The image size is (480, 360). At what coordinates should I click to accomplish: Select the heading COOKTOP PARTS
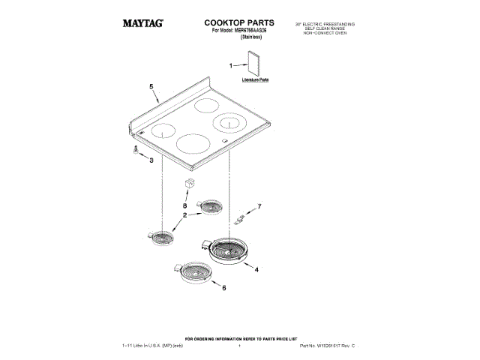(x=239, y=24)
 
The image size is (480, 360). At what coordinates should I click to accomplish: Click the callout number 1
(x=232, y=67)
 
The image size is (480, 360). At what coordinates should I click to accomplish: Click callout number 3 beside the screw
(x=151, y=160)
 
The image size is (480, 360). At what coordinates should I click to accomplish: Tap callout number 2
(x=184, y=215)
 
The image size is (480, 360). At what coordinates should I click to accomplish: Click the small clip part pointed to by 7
(x=239, y=220)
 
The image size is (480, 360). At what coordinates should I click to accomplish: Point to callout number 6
(x=223, y=286)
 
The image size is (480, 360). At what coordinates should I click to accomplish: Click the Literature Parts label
(x=255, y=79)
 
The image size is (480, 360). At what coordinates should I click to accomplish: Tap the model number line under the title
(x=239, y=33)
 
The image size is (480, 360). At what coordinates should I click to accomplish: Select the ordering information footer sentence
(x=240, y=340)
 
